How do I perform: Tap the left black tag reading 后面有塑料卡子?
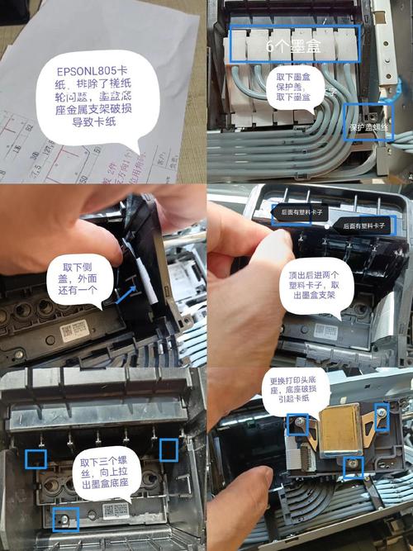point(301,212)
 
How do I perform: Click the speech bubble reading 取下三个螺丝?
point(103,473)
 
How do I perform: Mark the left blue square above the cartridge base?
point(36,458)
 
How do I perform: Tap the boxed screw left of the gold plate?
point(297,425)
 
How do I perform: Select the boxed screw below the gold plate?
point(353,467)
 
